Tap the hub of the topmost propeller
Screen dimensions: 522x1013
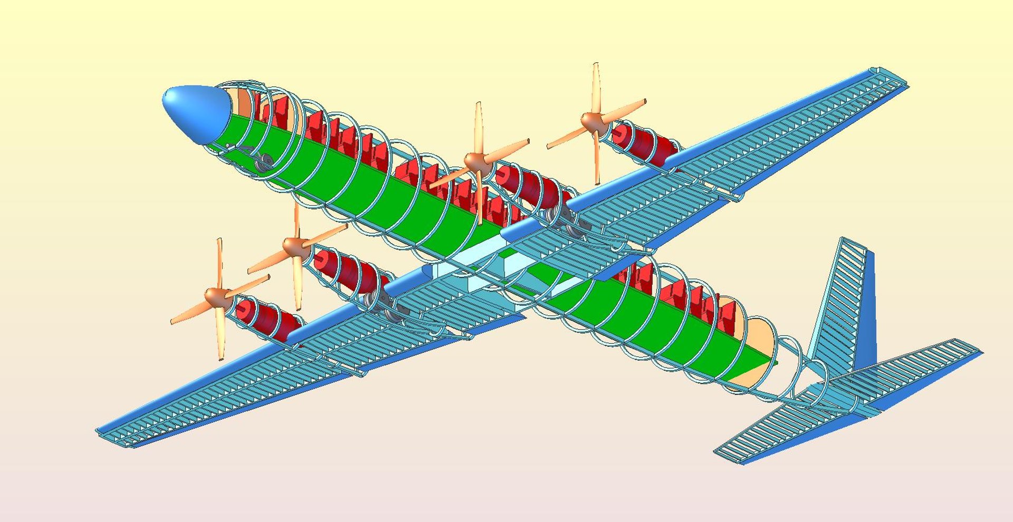[591, 121]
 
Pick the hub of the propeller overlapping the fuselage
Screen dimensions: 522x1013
[477, 162]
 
